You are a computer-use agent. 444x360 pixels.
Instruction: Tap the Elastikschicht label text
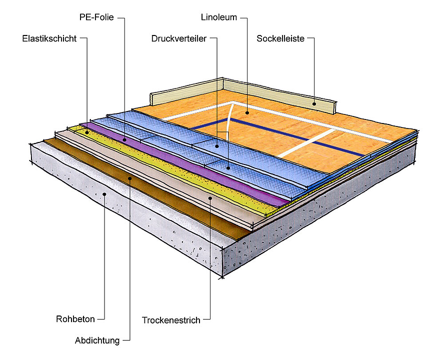(49, 38)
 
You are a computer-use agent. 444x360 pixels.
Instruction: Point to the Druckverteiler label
(178, 38)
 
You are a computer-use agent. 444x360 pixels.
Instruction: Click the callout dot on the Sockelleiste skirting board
(314, 104)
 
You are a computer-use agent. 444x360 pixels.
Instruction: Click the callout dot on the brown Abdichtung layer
(130, 178)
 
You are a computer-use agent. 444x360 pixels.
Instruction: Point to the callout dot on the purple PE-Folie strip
(124, 139)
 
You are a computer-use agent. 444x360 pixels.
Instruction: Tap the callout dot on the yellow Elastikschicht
(87, 132)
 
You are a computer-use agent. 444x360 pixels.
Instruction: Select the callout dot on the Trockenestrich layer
(210, 198)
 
